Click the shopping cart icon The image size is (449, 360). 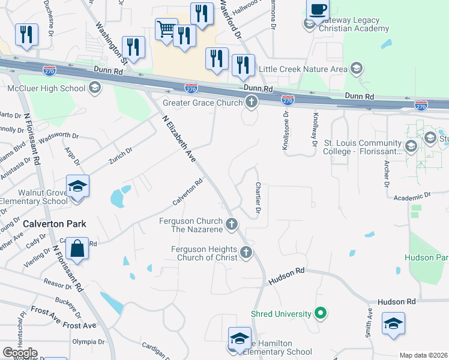[x=166, y=29]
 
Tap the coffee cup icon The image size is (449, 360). [x=318, y=10]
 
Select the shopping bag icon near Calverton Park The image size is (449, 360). [x=78, y=247]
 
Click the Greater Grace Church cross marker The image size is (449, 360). [x=251, y=101]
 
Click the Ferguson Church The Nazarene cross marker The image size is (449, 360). [x=232, y=225]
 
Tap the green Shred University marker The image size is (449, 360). [x=321, y=313]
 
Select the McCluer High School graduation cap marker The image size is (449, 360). [x=94, y=89]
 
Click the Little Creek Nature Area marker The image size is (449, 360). [x=357, y=68]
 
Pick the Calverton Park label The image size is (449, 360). [x=55, y=224]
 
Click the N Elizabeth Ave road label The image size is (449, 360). [x=179, y=139]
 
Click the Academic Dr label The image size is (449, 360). [x=412, y=196]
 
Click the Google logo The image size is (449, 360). [x=20, y=352]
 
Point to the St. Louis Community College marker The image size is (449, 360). [x=411, y=147]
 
